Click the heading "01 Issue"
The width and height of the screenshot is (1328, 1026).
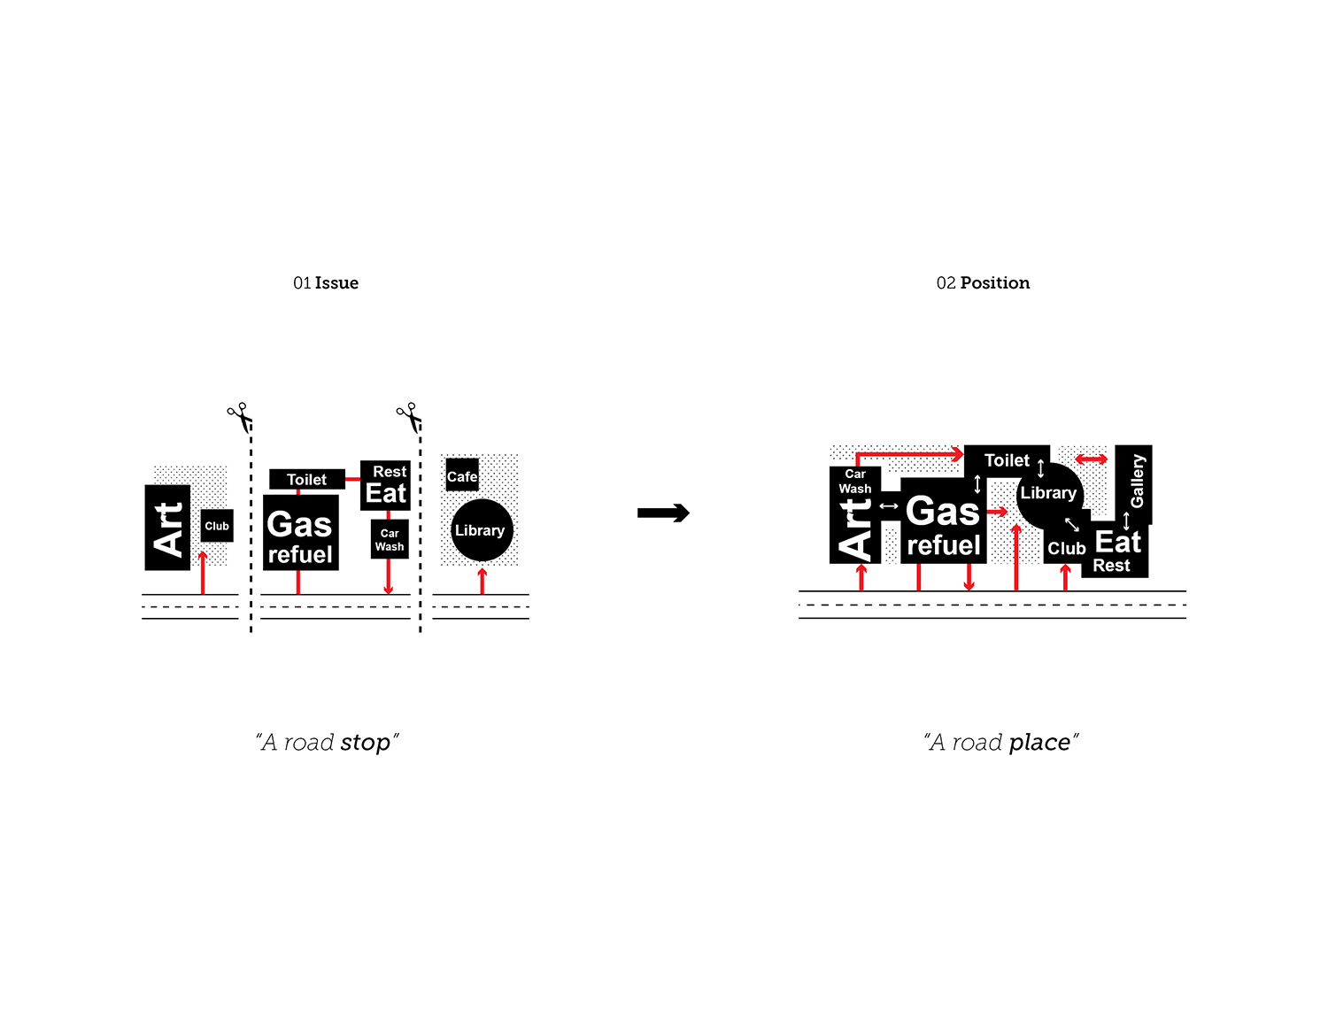tap(326, 283)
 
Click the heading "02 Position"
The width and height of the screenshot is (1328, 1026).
tap(983, 283)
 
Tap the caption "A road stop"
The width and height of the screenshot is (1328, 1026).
tap(327, 742)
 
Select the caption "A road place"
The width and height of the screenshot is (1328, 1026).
tap(1000, 742)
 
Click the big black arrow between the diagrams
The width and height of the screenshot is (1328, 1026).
tap(663, 513)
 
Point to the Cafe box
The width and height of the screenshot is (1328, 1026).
tap(462, 475)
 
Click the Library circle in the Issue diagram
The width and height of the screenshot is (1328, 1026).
tap(482, 531)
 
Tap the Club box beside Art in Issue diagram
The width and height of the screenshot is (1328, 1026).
tap(217, 526)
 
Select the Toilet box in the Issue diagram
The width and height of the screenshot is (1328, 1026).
tap(306, 480)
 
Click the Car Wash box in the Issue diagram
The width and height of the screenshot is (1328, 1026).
tap(390, 539)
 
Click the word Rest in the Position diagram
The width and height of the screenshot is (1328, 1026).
tap(1111, 566)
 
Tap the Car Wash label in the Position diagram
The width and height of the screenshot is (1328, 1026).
tap(855, 481)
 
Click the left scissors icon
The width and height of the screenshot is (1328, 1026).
tap(239, 415)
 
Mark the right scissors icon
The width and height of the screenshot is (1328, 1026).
tap(408, 415)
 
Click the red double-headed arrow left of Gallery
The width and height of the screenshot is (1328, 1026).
tap(1091, 459)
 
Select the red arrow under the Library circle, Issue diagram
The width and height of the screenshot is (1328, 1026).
tap(482, 581)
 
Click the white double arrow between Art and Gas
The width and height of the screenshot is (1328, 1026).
tap(889, 506)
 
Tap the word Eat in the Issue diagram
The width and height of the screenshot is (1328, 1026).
tap(386, 494)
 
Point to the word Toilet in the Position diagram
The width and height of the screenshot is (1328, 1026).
tap(1007, 460)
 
